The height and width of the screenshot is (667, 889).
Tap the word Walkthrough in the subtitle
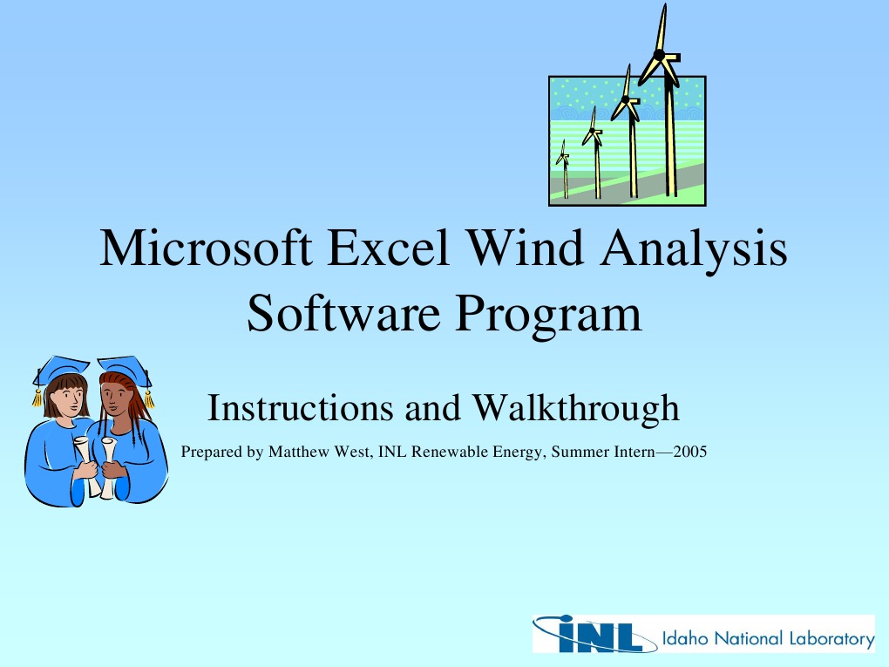575,407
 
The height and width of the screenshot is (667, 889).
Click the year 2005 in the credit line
690,453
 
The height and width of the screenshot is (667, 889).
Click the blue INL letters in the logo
593,635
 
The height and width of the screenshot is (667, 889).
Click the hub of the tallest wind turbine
660,55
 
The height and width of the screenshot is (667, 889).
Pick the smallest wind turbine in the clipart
564,166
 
